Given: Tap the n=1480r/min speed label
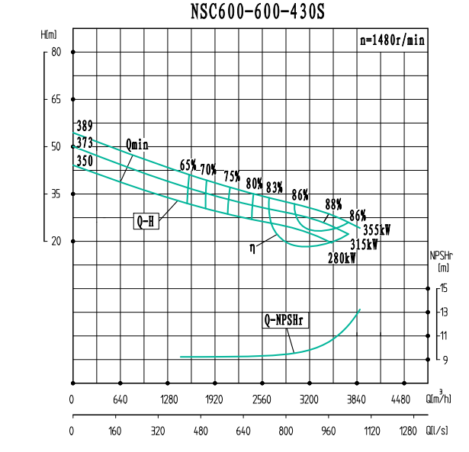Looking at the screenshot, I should (x=392, y=41).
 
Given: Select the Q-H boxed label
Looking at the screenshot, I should (x=146, y=222).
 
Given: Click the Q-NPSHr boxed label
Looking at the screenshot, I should (x=284, y=321).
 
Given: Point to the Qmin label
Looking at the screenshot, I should (x=137, y=145).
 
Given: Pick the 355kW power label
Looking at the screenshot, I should (x=377, y=229).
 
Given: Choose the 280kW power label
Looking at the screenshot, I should (x=342, y=258).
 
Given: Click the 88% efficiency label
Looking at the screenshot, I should (x=333, y=204).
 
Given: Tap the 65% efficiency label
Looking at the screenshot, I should (x=188, y=165).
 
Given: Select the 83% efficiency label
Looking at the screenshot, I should (x=275, y=187).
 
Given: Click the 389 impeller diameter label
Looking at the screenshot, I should (x=84, y=126).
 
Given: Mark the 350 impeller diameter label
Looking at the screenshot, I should (x=84, y=161).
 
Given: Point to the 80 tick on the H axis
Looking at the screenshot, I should (x=56, y=52).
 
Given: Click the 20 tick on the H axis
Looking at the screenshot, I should (x=56, y=241).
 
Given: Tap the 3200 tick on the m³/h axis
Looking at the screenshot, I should (x=308, y=399).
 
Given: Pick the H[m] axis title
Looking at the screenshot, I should (x=49, y=35).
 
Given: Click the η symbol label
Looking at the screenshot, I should (x=252, y=247).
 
